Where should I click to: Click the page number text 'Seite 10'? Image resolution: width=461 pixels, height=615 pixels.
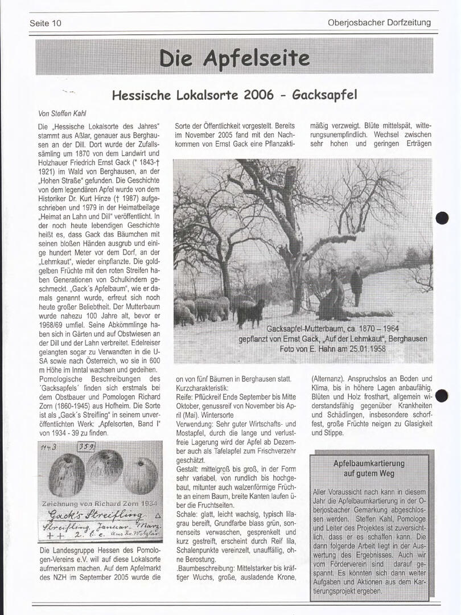tap(46, 23)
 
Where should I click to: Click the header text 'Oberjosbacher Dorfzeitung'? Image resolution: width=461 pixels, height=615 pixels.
tap(379, 23)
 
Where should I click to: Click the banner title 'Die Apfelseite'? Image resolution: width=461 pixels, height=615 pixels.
tap(234, 58)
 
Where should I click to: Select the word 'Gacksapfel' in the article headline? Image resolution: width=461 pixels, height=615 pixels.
tap(324, 95)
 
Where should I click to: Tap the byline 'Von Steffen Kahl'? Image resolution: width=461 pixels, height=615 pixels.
tap(62, 113)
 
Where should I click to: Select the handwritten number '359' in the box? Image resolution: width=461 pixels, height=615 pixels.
tap(86, 447)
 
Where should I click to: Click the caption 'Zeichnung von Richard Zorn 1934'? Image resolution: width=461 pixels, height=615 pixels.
tap(100, 504)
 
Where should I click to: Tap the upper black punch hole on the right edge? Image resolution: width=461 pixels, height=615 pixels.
tap(442, 218)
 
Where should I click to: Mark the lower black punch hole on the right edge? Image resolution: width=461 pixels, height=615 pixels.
tap(442, 395)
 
